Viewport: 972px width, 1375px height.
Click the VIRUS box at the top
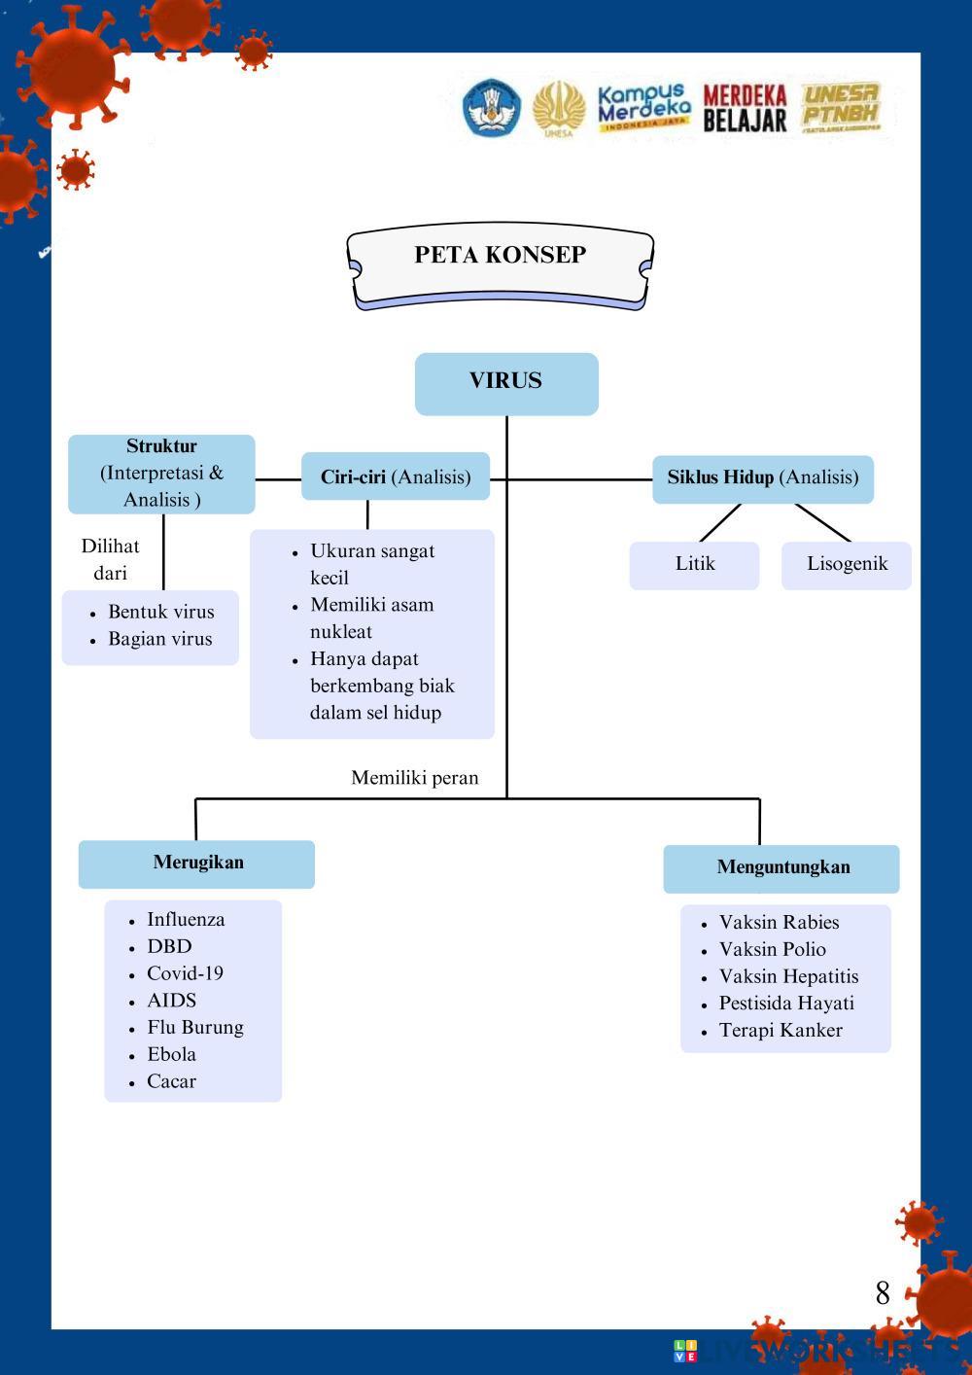coord(506,383)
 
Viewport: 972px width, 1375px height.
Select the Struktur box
coord(161,474)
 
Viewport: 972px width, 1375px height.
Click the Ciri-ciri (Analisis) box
coord(396,476)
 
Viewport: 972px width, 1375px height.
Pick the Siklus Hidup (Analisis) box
coord(763,478)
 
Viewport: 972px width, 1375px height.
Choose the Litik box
coord(694,565)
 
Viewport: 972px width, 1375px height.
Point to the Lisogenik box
coord(847,565)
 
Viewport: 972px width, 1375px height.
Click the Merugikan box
coord(197,864)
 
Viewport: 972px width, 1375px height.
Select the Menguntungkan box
coord(782,868)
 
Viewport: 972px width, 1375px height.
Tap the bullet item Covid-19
coord(185,973)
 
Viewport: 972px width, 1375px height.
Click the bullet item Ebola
coord(171,1054)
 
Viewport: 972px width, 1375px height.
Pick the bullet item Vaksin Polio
coord(772,950)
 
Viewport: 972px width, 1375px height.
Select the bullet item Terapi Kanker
coord(780,1031)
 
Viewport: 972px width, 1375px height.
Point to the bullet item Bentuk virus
coord(160,613)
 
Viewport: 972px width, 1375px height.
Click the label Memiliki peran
coord(415,778)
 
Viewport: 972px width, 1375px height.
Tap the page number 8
coord(883,1293)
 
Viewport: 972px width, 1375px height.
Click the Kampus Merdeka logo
coord(643,108)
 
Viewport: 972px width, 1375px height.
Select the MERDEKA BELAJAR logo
coord(745,109)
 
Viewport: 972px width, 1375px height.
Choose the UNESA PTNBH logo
coord(841,107)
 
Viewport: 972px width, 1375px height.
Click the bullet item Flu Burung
coord(194,1028)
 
